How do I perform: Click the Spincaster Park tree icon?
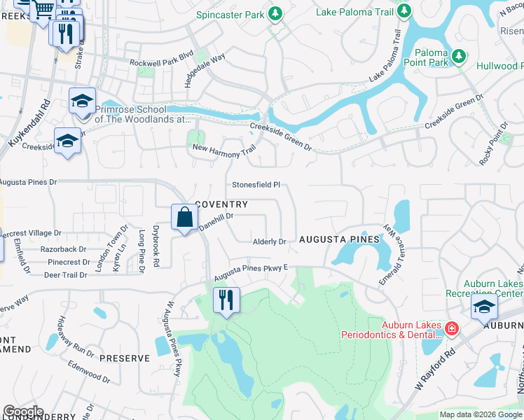pyautogui.click(x=276, y=13)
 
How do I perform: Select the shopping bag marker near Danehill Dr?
pyautogui.click(x=184, y=218)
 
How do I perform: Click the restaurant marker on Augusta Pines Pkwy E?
pyautogui.click(x=226, y=301)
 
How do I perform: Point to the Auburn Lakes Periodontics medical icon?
pyautogui.click(x=452, y=327)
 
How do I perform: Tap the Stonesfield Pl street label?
pyautogui.click(x=256, y=185)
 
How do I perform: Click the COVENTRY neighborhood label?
pyautogui.click(x=221, y=204)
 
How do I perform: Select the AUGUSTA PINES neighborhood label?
pyautogui.click(x=339, y=239)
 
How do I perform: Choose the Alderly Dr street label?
pyautogui.click(x=270, y=241)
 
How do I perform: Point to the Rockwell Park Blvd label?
pyautogui.click(x=161, y=62)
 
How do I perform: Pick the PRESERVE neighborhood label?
pyautogui.click(x=124, y=358)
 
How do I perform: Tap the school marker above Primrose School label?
pyautogui.click(x=82, y=101)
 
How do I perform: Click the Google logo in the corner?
pyautogui.click(x=23, y=412)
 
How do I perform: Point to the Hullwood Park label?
pyautogui.click(x=499, y=66)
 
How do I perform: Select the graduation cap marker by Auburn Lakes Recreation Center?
pyautogui.click(x=484, y=307)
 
